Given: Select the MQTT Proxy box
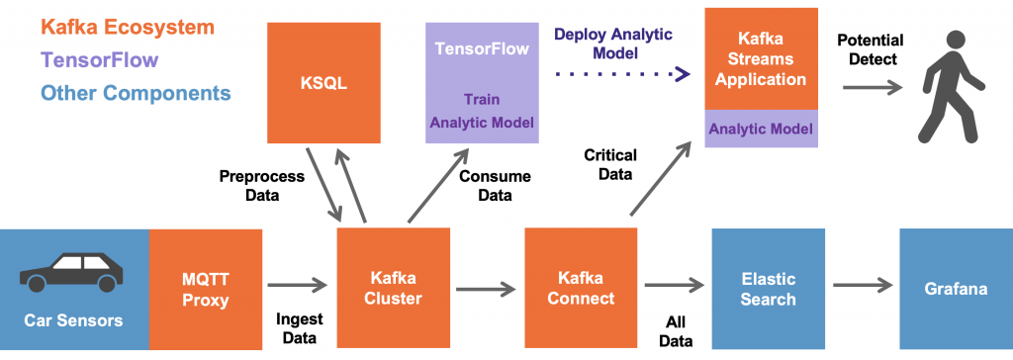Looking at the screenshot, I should point(206,288).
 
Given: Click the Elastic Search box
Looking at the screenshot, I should point(768,288).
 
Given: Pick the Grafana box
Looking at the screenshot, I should point(956,288).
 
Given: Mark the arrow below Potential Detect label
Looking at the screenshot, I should point(873,87).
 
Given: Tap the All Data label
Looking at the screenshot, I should point(677,328).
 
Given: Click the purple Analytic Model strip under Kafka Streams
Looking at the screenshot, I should point(761,129).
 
